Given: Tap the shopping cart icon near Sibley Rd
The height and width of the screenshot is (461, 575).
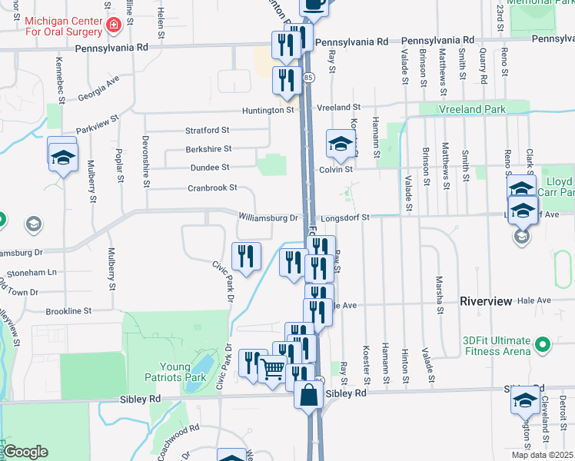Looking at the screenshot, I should click(272, 370).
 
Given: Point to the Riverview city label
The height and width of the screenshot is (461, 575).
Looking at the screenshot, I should click(485, 302).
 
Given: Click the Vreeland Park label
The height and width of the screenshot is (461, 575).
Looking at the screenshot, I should click(472, 109).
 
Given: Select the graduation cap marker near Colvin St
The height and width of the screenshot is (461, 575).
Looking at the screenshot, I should click(341, 143).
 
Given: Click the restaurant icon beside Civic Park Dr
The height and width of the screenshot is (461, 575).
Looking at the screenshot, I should click(246, 256).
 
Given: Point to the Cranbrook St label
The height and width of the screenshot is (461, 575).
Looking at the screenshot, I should click(211, 188).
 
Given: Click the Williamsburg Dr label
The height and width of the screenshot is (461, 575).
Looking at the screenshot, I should click(268, 218).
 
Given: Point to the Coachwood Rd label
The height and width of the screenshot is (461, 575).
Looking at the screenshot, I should click(178, 436).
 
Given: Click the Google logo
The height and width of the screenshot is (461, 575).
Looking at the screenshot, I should click(25, 452).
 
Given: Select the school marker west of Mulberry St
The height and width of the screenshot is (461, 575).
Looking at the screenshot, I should click(63, 157).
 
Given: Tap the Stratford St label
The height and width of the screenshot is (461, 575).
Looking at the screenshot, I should click(207, 131).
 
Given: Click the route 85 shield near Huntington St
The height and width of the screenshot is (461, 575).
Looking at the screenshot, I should click(308, 78).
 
